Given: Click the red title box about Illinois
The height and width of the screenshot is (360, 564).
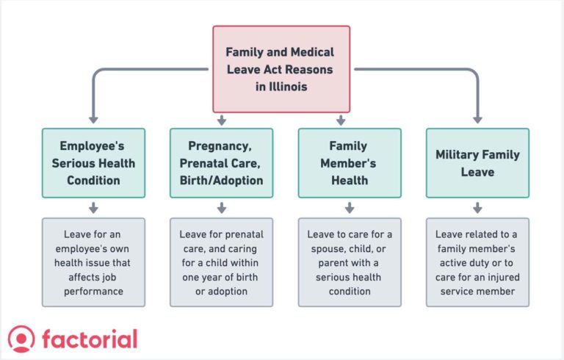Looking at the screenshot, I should click(x=281, y=69).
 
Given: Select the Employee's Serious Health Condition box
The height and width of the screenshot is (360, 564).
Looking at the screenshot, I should click(x=93, y=163).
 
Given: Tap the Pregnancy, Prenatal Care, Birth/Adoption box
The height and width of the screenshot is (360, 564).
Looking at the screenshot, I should click(x=221, y=163).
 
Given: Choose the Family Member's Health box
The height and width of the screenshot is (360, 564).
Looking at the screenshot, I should click(x=350, y=163).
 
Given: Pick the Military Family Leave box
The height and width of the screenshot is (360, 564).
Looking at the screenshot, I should click(x=477, y=163).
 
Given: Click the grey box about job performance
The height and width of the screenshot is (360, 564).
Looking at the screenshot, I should click(x=93, y=262).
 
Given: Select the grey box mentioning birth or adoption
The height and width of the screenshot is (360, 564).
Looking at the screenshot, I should click(x=221, y=262).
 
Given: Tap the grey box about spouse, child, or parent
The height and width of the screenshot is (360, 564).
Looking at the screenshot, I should click(x=350, y=262).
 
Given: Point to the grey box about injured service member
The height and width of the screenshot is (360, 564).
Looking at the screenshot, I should click(x=477, y=262).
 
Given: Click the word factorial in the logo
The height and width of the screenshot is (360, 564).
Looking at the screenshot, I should click(x=90, y=339).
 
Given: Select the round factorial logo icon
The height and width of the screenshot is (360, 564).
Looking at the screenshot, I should click(x=21, y=339).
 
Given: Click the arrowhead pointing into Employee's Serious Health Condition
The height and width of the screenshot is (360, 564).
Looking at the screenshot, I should click(x=93, y=118).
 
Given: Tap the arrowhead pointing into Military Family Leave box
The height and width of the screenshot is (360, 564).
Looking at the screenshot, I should click(x=477, y=118).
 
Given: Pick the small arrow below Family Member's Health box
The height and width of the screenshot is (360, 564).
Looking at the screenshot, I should click(x=350, y=209).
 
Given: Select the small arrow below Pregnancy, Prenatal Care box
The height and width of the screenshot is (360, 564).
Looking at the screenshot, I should click(x=221, y=209).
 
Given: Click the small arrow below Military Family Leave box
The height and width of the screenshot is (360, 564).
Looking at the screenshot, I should click(x=477, y=209).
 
